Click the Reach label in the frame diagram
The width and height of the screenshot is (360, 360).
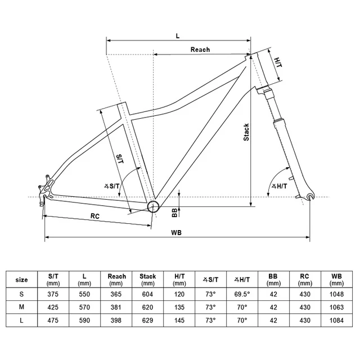pyautogui.click(x=200, y=49)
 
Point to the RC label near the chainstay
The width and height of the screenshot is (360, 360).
pyautogui.click(x=95, y=216)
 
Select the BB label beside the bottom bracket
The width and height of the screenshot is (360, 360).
pyautogui.click(x=174, y=212)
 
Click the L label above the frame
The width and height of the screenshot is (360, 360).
pyautogui.click(x=177, y=35)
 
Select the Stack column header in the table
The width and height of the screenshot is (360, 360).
pyautogui.click(x=147, y=280)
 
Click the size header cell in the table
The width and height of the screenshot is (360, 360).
pyautogui.click(x=22, y=280)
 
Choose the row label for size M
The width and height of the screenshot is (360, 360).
pyautogui.click(x=22, y=308)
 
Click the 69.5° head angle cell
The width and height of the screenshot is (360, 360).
pyautogui.click(x=242, y=294)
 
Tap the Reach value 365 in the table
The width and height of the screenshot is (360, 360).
pyautogui.click(x=116, y=294)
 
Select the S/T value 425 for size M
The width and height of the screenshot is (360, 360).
pyautogui.click(x=53, y=308)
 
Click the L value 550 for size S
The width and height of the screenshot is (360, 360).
pyautogui.click(x=84, y=294)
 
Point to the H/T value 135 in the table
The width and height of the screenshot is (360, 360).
pyautogui.click(x=179, y=308)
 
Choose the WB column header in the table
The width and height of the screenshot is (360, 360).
pyautogui.click(x=336, y=280)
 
